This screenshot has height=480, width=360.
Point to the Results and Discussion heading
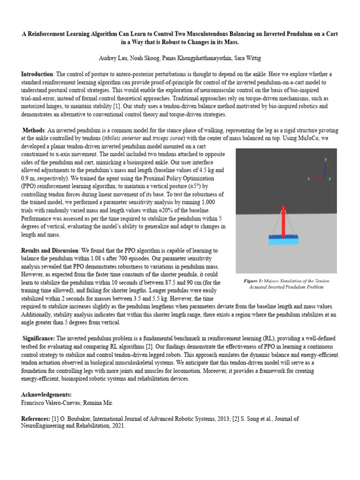tap(50, 251)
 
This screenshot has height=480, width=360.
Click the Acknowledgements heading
tap(46, 395)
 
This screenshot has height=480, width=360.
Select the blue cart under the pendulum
tap(284, 240)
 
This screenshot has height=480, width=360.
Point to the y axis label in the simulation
tap(325, 160)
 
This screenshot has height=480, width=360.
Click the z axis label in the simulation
tap(330, 179)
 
